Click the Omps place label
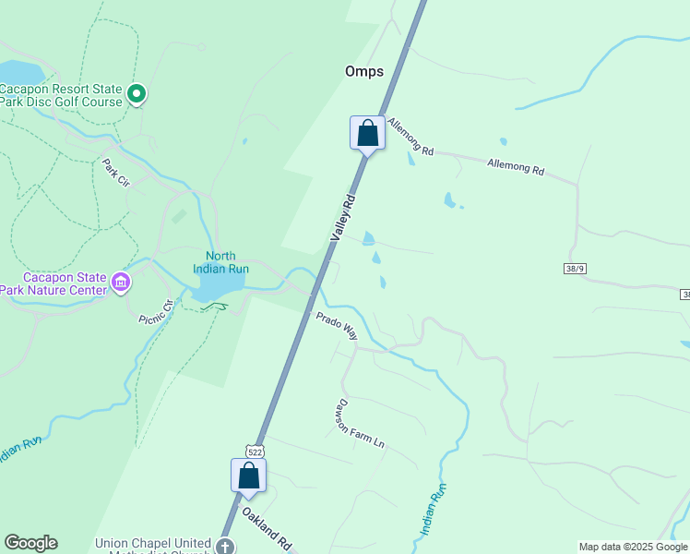pyautogui.click(x=363, y=71)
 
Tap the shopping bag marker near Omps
pyautogui.click(x=367, y=133)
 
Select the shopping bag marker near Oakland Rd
pyautogui.click(x=248, y=476)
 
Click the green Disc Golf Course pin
pyautogui.click(x=137, y=93)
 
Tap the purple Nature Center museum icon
pyautogui.click(x=121, y=281)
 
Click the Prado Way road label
pyautogui.click(x=337, y=325)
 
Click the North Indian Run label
pyautogui.click(x=220, y=262)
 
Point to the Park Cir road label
pyautogui.click(x=117, y=173)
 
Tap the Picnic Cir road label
pyautogui.click(x=155, y=312)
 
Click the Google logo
pyautogui.click(x=30, y=543)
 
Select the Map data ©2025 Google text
pyautogui.click(x=632, y=547)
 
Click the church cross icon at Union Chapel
pyautogui.click(x=224, y=547)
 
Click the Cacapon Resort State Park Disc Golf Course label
pyautogui.click(x=61, y=95)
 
